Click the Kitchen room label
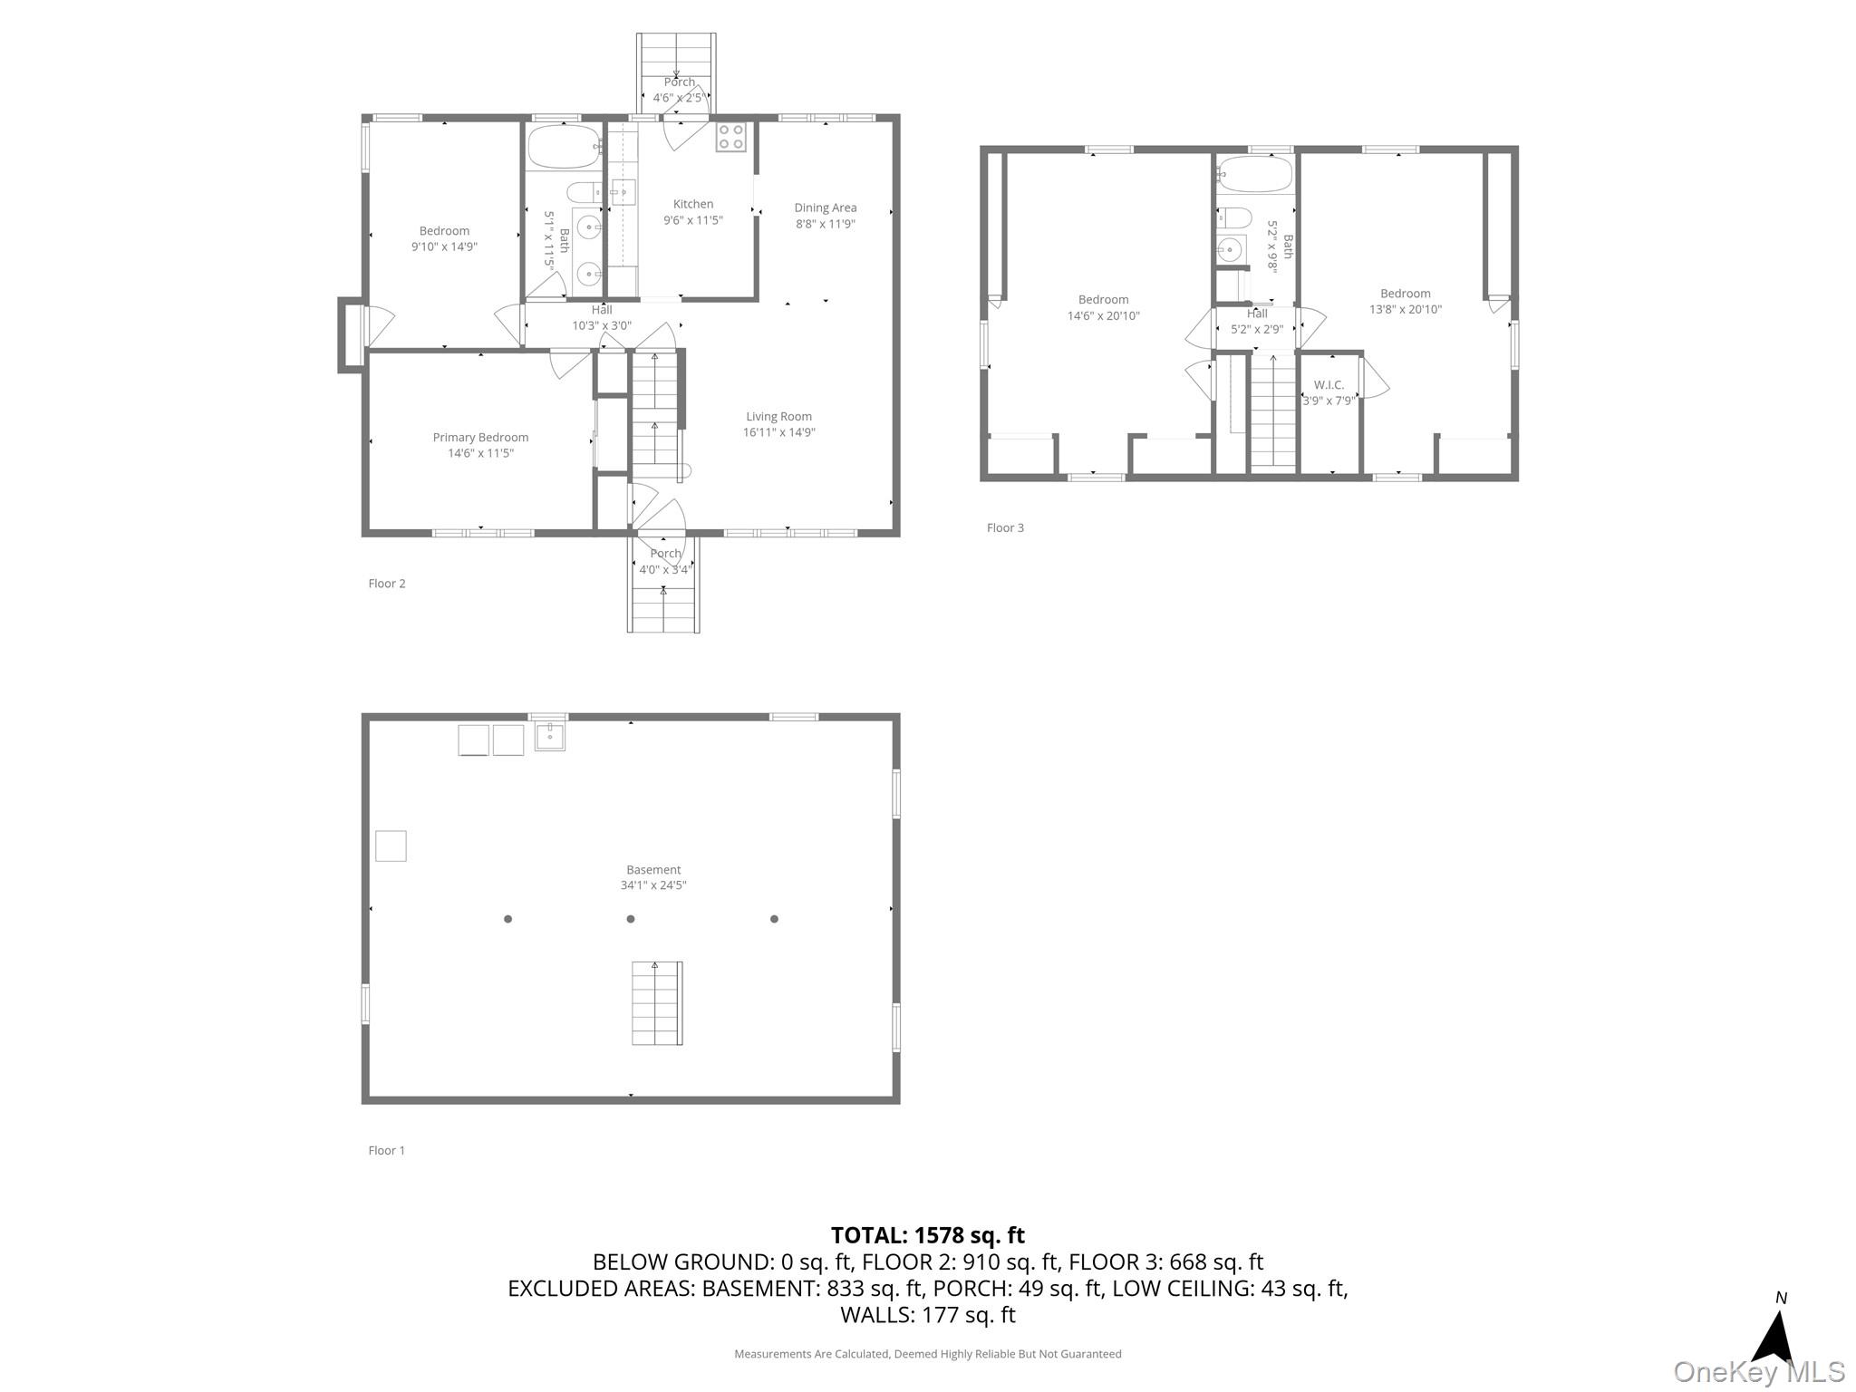tap(692, 204)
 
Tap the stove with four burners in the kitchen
tap(730, 137)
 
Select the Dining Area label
tap(825, 208)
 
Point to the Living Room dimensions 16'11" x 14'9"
tap(778, 432)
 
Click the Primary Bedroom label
tap(480, 437)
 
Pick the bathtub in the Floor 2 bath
tap(564, 146)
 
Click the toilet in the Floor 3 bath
tap(1234, 217)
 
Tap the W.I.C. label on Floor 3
tap(1329, 384)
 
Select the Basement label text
tap(652, 869)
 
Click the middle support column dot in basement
tap(631, 919)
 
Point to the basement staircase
tap(657, 1003)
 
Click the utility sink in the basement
tap(549, 736)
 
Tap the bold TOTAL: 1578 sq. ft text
tap(927, 1235)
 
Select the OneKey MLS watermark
tap(1758, 1372)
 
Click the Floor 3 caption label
tap(1005, 527)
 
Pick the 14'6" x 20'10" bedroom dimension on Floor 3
tap(1103, 315)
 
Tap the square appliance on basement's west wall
tap(391, 846)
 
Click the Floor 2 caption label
tap(387, 583)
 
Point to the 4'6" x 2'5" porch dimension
tap(678, 98)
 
